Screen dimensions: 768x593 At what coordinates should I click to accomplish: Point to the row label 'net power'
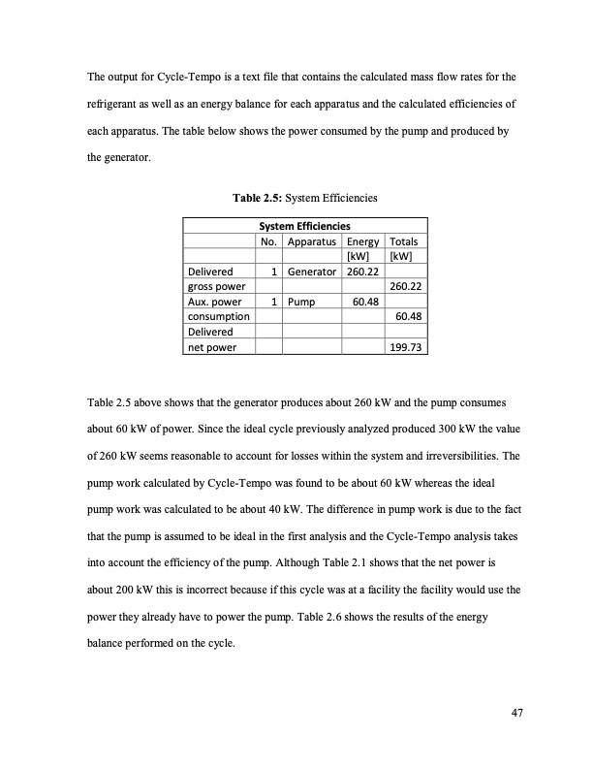(210, 345)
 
